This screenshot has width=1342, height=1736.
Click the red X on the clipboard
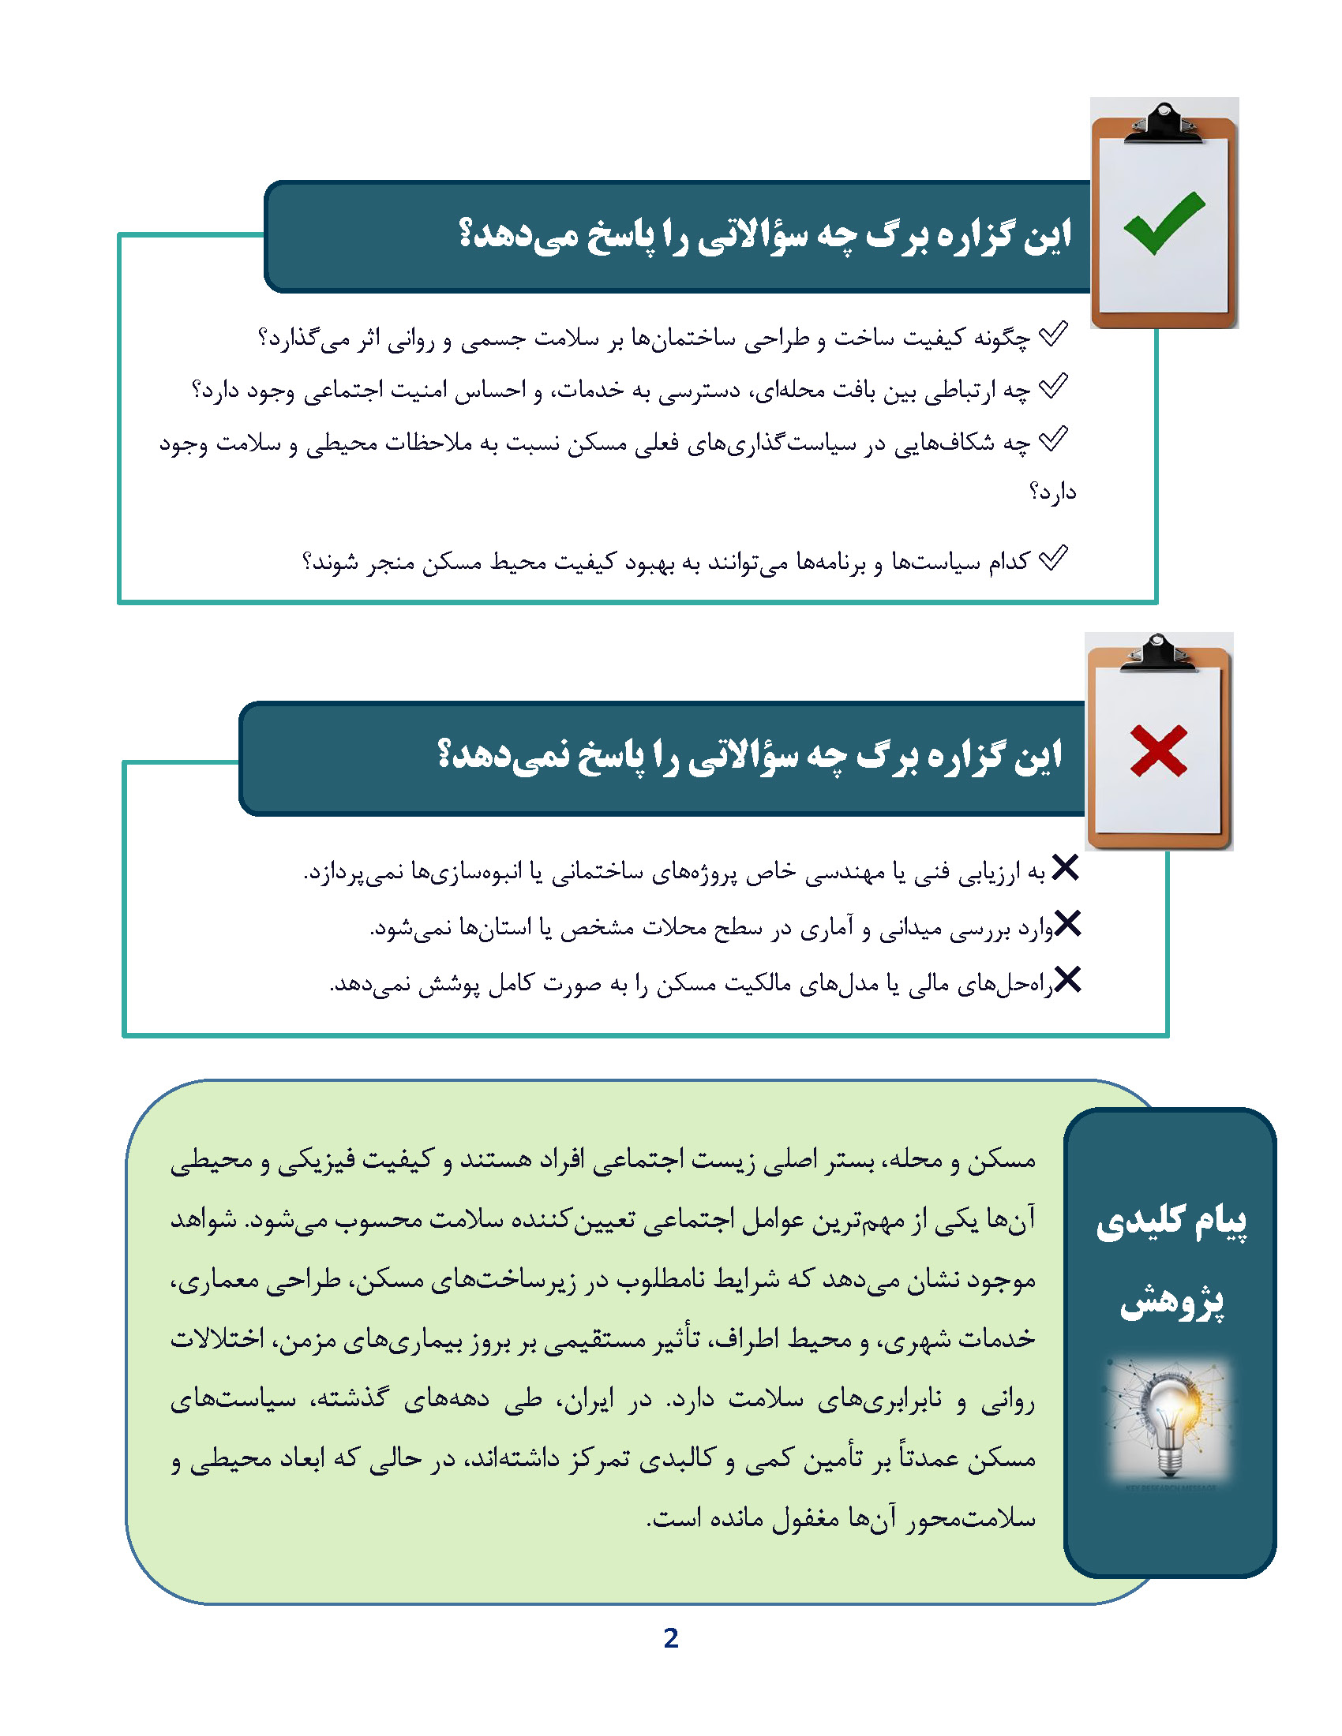coord(1158,750)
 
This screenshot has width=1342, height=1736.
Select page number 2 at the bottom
coord(670,1638)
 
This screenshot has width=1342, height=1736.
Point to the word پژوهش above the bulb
coord(1171,1301)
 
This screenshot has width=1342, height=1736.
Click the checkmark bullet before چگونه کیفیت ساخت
coord(1053,335)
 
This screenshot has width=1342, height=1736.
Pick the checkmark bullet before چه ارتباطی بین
coord(1053,387)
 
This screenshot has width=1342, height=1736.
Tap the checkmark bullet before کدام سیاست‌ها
coord(1053,558)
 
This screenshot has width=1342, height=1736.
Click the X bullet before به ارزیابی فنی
coord(1065,868)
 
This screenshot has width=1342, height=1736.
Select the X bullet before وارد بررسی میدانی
coord(1067,924)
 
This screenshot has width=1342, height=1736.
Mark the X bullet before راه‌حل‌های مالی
coord(1067,979)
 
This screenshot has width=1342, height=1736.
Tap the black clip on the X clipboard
coord(1158,653)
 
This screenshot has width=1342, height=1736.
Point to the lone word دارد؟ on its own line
coord(1051,493)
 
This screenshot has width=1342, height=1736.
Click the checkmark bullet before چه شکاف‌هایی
coord(1053,440)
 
